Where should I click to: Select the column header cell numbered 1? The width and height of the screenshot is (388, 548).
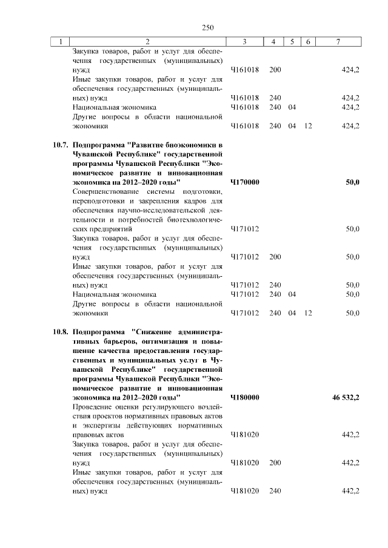point(61,41)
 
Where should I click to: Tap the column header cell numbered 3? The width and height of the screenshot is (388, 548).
point(244,41)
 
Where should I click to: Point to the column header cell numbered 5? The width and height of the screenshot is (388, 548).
point(292,41)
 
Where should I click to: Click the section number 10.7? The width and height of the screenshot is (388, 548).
point(59,145)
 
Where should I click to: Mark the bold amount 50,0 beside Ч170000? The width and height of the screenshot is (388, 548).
point(352,182)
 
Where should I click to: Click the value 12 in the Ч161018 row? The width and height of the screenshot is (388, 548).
point(309,126)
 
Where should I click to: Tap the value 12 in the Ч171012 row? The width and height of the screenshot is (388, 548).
point(309,313)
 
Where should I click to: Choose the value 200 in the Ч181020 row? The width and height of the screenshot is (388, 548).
point(275,463)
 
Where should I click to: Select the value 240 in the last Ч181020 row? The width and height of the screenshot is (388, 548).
point(275,490)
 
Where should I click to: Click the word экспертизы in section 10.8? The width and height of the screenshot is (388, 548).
point(99,426)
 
